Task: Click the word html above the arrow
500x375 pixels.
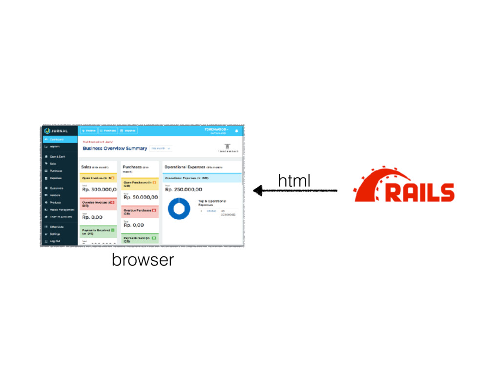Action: (294, 181)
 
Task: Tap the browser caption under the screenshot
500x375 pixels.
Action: (143, 260)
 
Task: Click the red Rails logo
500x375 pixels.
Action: (404, 186)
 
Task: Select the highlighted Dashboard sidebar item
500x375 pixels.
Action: (60, 139)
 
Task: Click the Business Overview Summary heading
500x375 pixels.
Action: (115, 148)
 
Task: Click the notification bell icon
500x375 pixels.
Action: (237, 131)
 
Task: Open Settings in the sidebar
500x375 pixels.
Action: (55, 234)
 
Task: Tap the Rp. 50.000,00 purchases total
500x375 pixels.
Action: (141, 197)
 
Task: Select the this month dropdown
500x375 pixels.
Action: (161, 148)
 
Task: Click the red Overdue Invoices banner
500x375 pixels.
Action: (98, 204)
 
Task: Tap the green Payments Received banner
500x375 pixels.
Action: (98, 231)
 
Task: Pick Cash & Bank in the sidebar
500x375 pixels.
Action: (58, 156)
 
